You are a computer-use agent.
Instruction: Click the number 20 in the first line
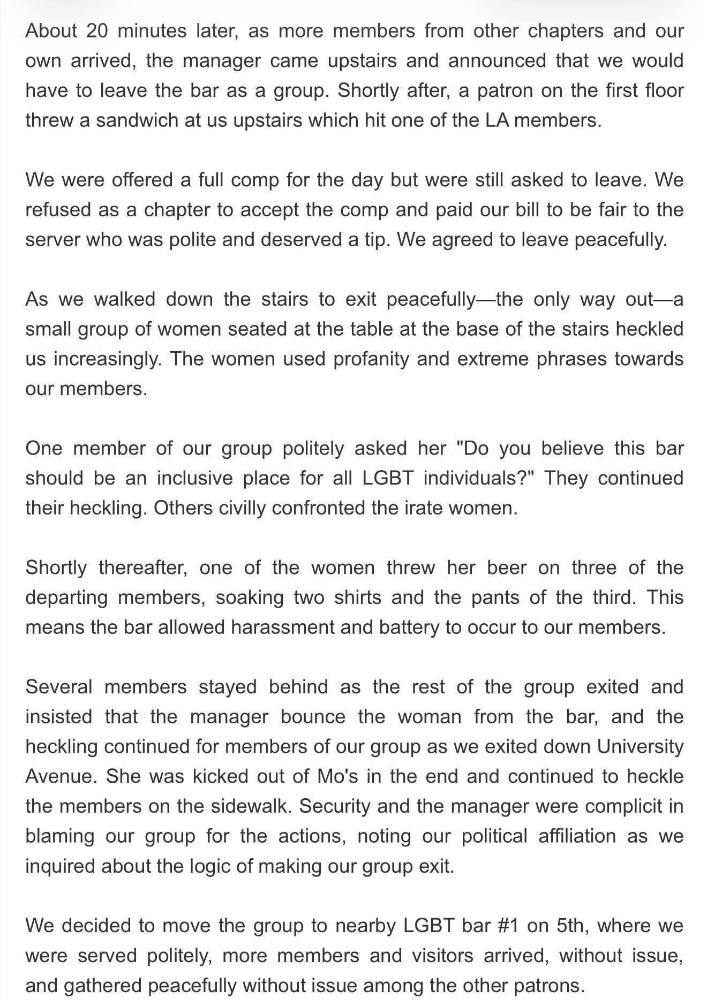point(97,31)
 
